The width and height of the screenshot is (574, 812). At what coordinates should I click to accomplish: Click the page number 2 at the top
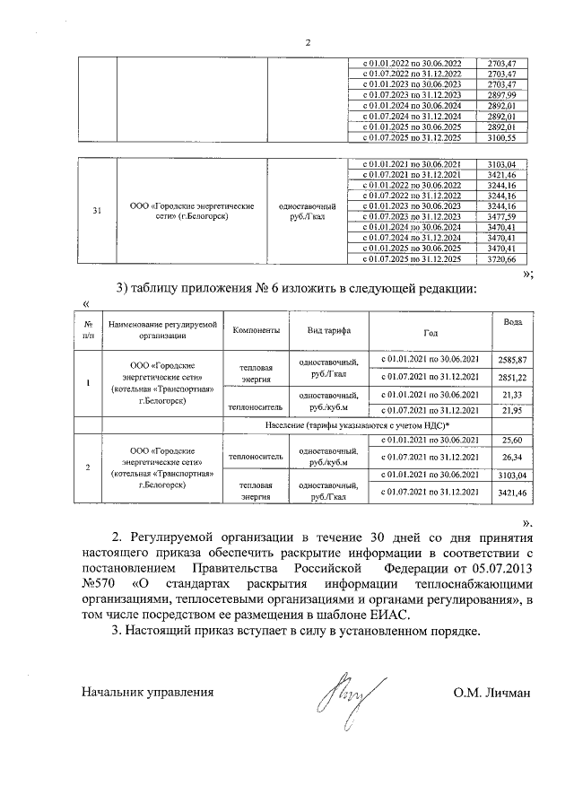click(307, 42)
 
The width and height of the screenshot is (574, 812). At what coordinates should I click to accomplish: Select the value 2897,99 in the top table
click(500, 94)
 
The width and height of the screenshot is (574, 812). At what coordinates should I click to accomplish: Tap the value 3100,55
click(500, 137)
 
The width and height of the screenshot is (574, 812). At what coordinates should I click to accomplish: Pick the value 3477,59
click(500, 216)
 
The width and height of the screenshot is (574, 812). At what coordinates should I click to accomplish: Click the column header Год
click(430, 330)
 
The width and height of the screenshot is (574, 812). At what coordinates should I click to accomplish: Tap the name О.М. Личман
click(493, 693)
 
